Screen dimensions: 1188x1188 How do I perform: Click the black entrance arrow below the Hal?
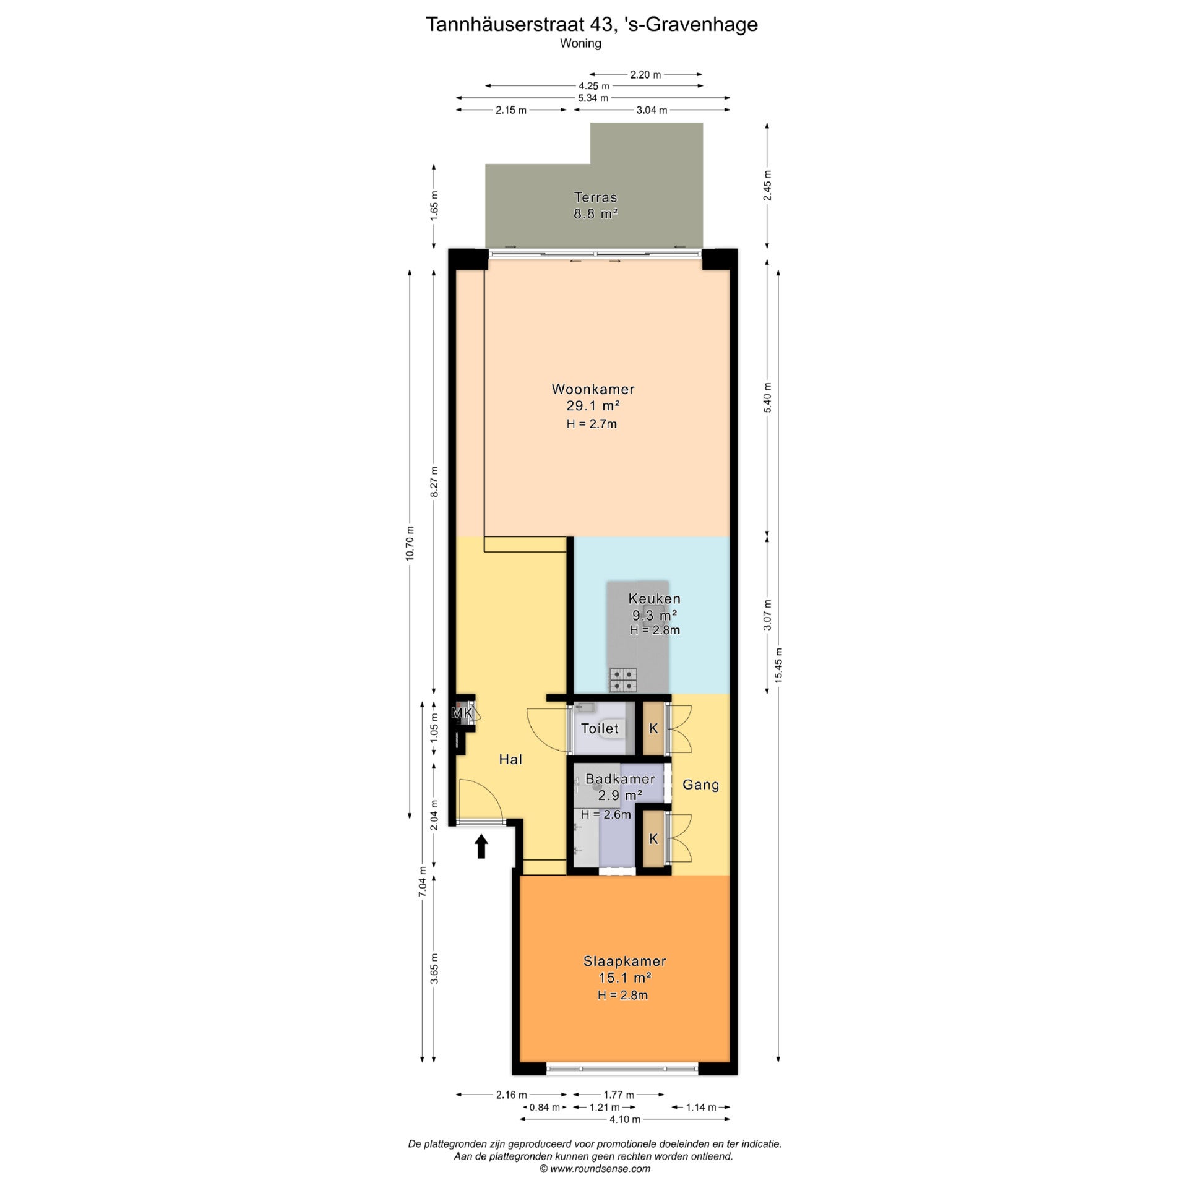pos(481,846)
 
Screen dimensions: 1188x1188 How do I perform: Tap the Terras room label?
pos(595,197)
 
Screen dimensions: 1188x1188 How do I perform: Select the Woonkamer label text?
pos(593,389)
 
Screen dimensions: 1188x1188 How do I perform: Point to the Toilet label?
pos(600,728)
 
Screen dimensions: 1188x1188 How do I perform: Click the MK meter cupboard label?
pos(462,713)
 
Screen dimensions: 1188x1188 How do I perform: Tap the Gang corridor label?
pos(700,785)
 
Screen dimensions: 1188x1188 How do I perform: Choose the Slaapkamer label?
pos(624,961)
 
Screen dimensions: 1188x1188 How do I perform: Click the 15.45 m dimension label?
pos(778,665)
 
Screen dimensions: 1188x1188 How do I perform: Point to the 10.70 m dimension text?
pos(410,543)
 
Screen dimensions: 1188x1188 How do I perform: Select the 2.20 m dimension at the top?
pos(645,75)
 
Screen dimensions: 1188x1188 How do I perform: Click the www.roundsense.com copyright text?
pos(595,1168)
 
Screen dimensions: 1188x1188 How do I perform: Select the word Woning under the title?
pos(580,43)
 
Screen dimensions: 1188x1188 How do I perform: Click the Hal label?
pos(510,759)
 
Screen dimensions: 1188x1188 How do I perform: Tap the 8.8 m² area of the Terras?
pos(596,214)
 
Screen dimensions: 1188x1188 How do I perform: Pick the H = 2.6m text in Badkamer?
pos(606,814)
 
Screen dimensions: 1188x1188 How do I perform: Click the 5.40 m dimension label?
pos(767,398)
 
